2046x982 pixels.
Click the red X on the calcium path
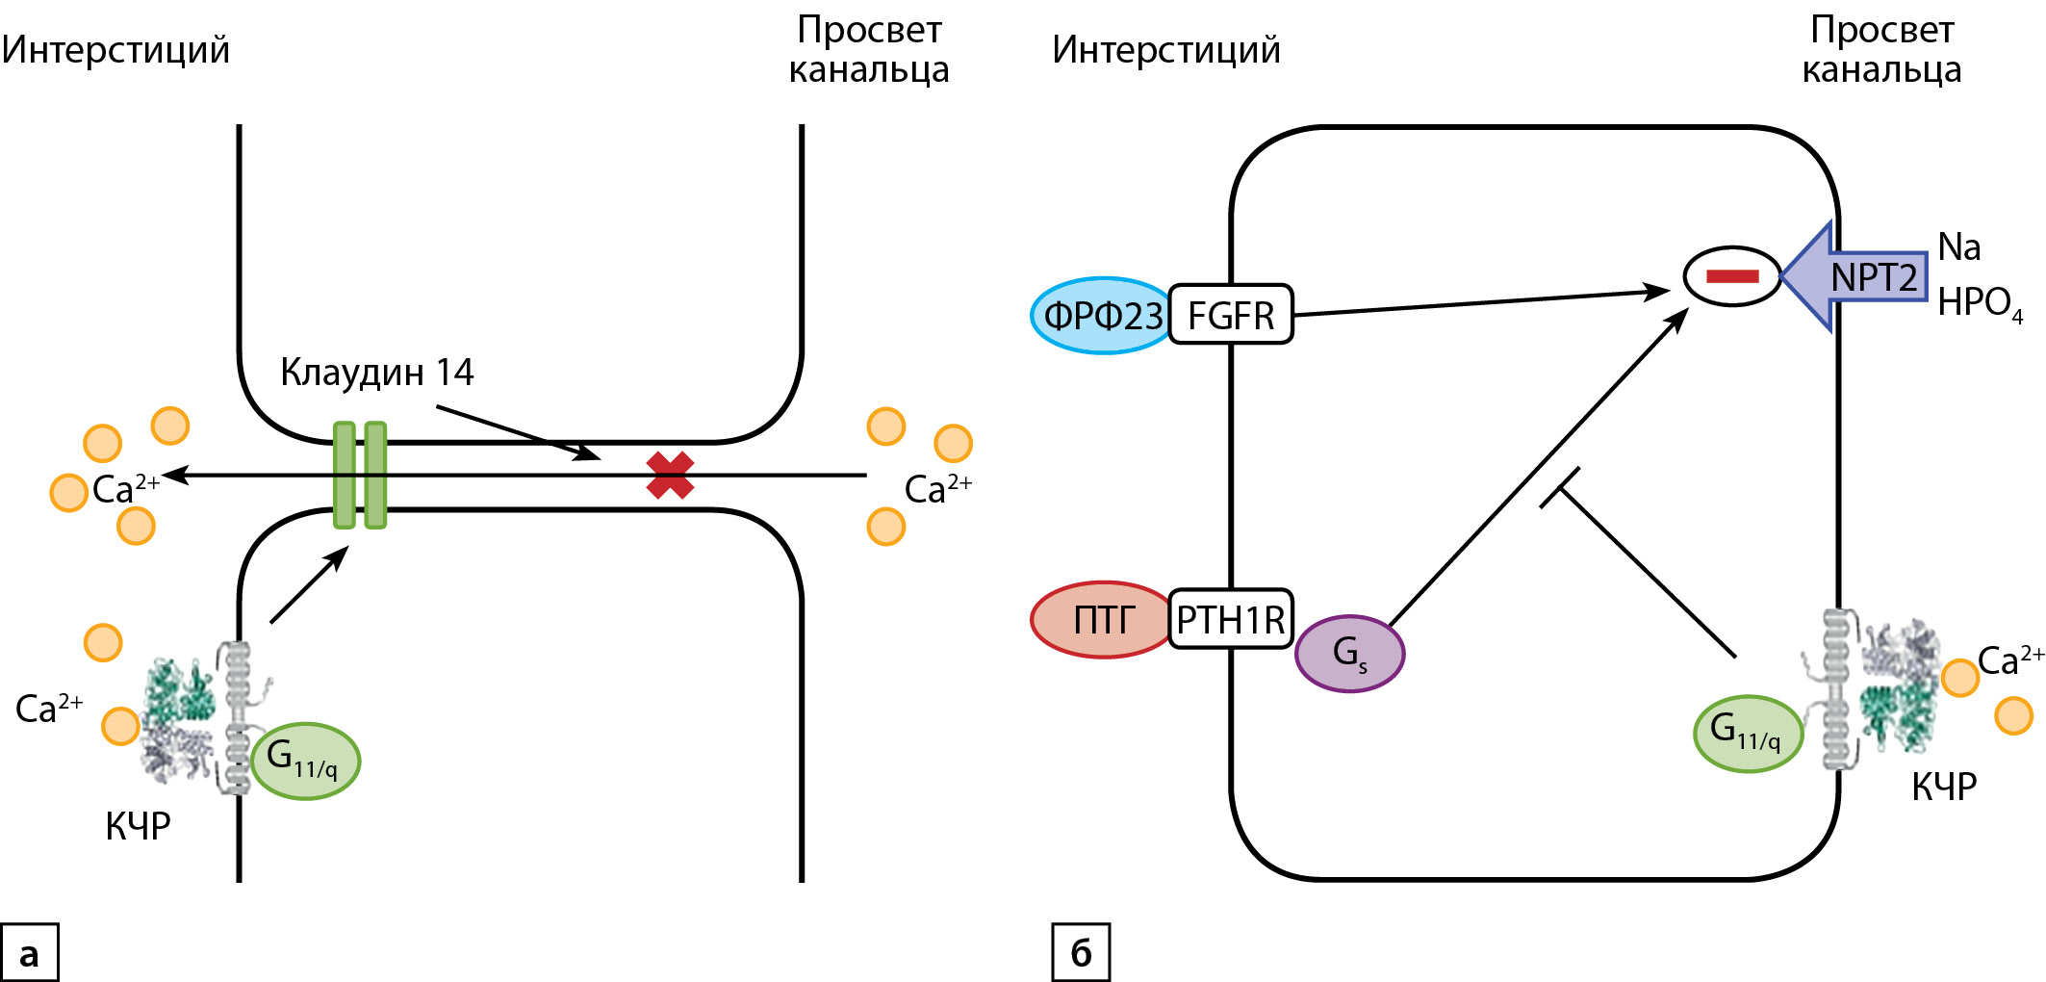[x=670, y=476]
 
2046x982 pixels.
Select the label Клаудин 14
[x=376, y=373]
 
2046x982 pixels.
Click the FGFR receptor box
[x=1231, y=315]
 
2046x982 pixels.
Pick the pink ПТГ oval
[x=1103, y=620]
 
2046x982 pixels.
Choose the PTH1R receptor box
[x=1231, y=620]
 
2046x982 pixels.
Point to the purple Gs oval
[x=1349, y=654]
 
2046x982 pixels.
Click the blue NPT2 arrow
[x=1857, y=277]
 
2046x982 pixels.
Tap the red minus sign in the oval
[x=1731, y=277]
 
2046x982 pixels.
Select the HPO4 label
[x=1979, y=304]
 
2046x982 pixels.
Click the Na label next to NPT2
[x=1959, y=247]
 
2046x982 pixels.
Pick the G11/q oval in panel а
[x=305, y=761]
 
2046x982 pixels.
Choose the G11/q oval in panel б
[x=1748, y=734]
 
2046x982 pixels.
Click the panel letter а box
[x=30, y=953]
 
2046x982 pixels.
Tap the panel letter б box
[x=1081, y=953]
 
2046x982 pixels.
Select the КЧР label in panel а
[x=138, y=826]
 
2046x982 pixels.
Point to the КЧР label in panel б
[x=1943, y=787]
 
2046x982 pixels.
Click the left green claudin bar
[x=345, y=476]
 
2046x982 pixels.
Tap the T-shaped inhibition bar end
[x=1560, y=488]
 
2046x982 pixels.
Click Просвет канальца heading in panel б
[x=1881, y=50]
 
